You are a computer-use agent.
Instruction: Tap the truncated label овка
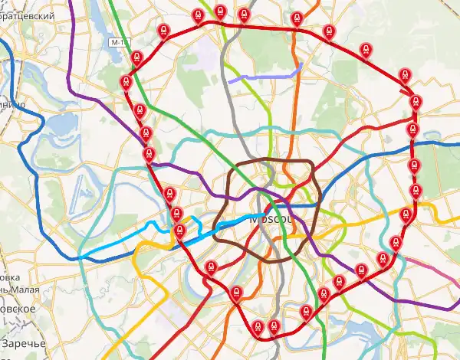(x=9, y=277)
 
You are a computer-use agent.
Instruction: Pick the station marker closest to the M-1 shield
(x=136, y=57)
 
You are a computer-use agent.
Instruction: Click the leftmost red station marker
(x=125, y=81)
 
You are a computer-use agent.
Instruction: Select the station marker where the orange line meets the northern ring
(x=297, y=18)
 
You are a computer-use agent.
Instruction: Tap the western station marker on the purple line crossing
(x=149, y=155)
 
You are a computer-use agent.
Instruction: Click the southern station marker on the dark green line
(x=306, y=312)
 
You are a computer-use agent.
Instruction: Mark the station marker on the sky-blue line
(x=179, y=231)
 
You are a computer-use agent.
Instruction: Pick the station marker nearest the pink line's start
(x=396, y=244)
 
